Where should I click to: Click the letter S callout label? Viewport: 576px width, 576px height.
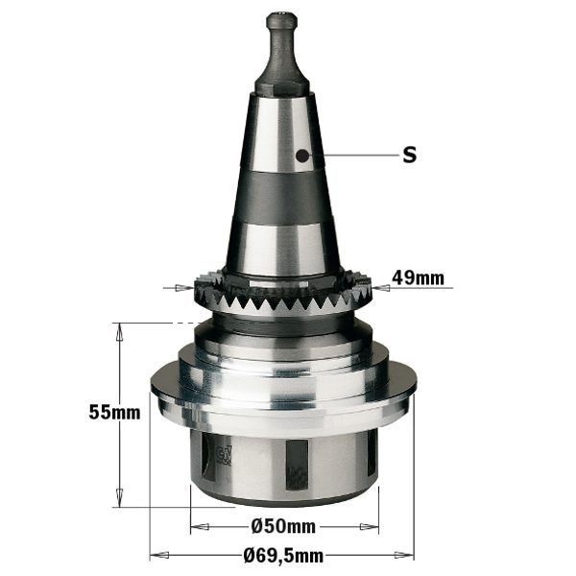409,155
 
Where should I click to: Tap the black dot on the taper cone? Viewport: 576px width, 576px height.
302,156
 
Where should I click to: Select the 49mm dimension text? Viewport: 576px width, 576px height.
418,278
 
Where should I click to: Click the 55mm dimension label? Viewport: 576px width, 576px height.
114,412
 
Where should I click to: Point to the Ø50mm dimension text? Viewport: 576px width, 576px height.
283,526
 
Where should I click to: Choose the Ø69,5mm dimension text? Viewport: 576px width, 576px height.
283,556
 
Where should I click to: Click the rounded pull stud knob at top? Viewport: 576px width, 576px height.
281,22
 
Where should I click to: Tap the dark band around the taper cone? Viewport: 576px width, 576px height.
282,199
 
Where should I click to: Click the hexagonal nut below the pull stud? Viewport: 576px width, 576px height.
281,85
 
